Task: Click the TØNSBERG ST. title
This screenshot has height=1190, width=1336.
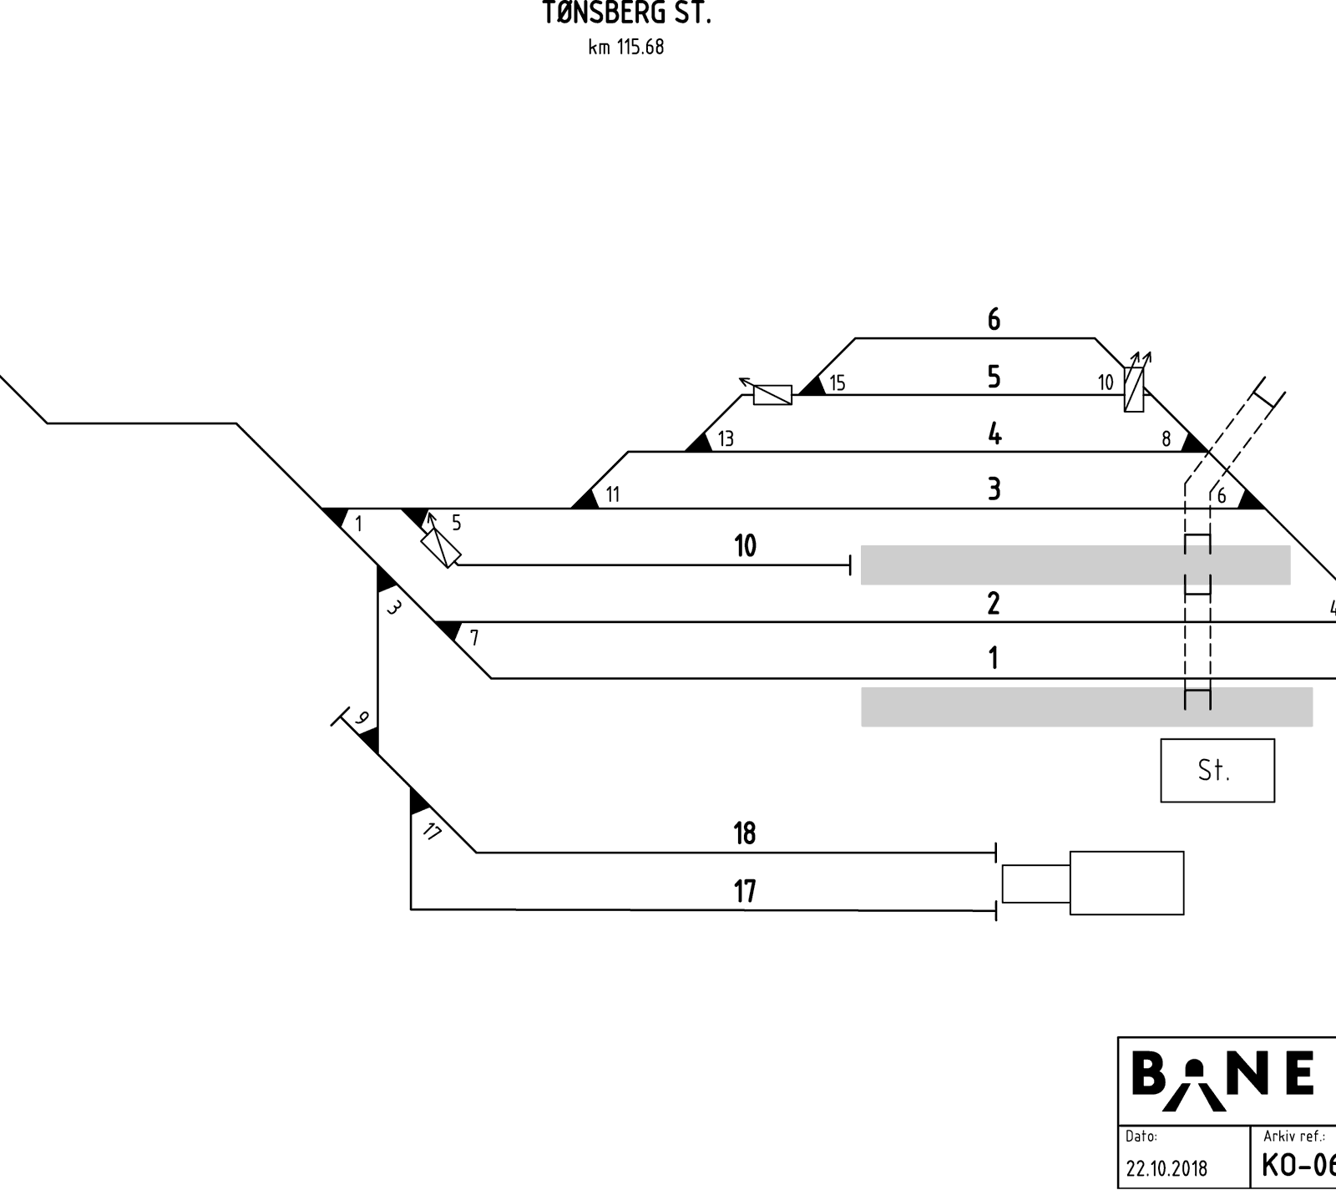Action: pos(626,13)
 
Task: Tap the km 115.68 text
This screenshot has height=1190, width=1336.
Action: pos(626,47)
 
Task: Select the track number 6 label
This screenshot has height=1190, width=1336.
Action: pos(994,320)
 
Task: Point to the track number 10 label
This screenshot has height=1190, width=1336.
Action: pos(745,546)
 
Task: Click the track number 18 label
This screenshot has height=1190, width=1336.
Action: pos(745,833)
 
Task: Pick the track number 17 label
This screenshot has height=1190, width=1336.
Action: pos(745,892)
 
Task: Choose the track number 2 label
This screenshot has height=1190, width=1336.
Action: pos(994,603)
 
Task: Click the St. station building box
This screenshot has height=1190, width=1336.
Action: pos(1217,771)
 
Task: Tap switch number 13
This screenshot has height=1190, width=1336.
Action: pos(726,438)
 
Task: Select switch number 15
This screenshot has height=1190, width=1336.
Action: pos(838,382)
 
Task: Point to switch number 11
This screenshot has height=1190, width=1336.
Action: pos(613,494)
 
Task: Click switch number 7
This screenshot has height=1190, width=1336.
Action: pos(474,638)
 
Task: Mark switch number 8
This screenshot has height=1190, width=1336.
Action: pos(1166,439)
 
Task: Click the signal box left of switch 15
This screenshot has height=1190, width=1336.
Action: pos(772,395)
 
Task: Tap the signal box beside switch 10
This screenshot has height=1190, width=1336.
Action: pos(1134,389)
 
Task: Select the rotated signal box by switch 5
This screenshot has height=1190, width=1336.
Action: pos(441,548)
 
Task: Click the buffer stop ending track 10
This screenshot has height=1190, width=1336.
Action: pos(850,565)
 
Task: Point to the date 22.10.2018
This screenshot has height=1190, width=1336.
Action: pos(1166,1168)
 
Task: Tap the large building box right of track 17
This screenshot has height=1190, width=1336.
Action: pos(1126,883)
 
